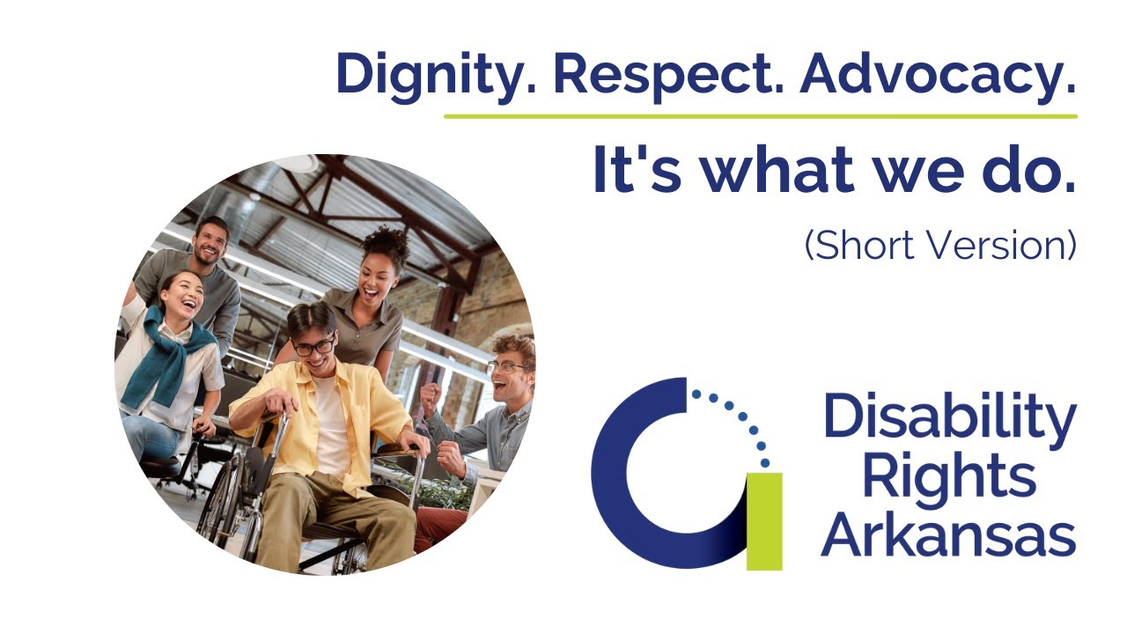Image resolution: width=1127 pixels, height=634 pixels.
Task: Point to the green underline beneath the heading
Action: (760, 115)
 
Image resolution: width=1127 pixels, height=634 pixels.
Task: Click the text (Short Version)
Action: (940, 245)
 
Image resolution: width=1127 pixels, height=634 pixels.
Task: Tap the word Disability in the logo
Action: (950, 418)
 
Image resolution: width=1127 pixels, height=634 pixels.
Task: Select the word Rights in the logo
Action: (948, 477)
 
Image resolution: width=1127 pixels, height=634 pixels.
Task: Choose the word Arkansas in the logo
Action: (948, 534)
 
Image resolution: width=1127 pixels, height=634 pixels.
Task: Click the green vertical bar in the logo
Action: (763, 520)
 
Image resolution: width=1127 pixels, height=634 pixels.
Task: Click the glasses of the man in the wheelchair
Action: (313, 347)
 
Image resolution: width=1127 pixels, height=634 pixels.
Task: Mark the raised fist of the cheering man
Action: (430, 398)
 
